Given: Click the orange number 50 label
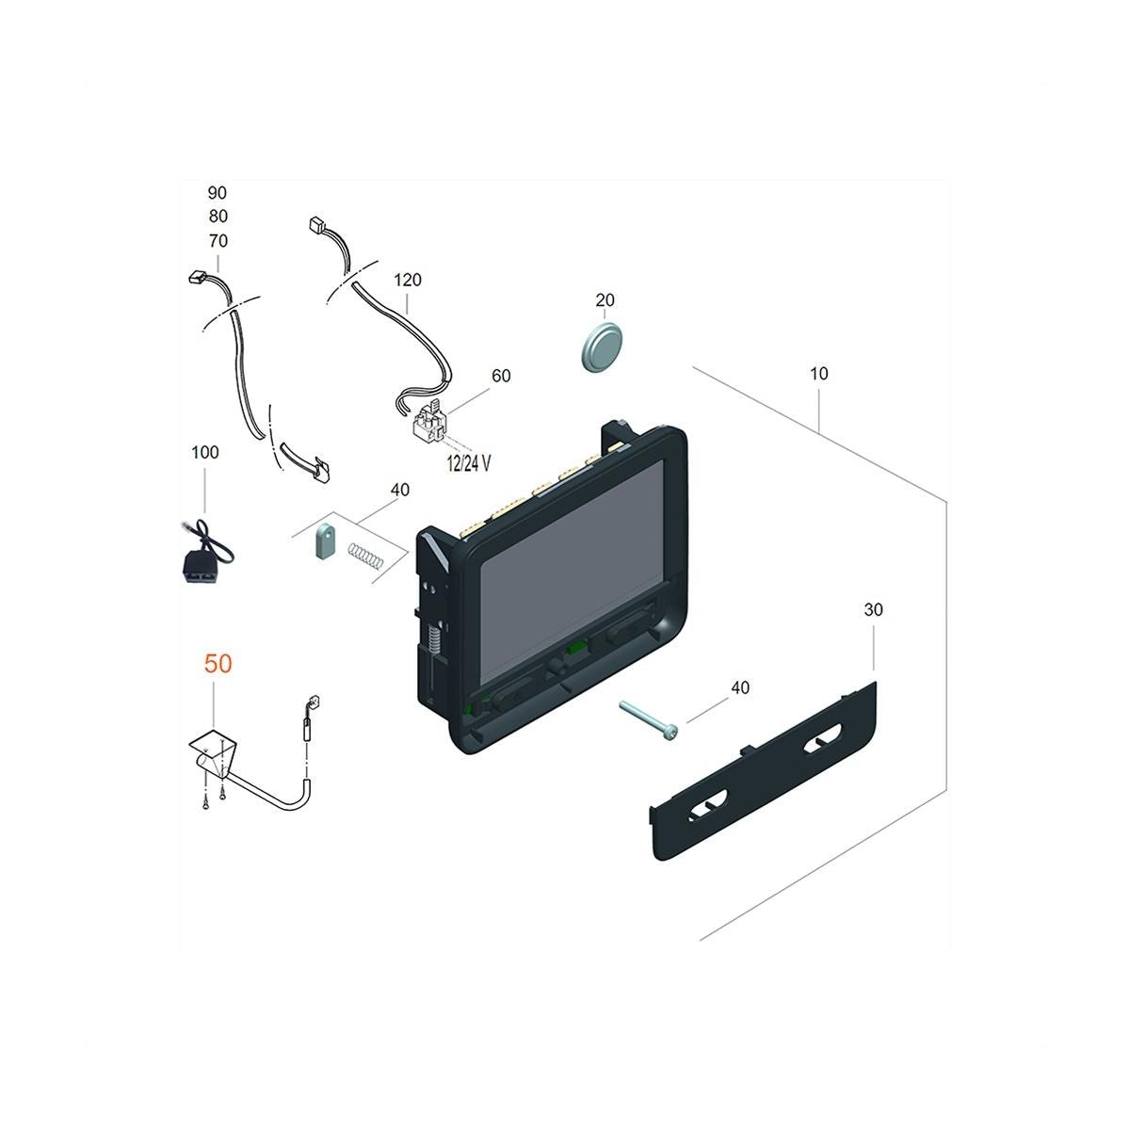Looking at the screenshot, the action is click(x=218, y=663).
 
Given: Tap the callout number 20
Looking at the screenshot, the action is click(x=605, y=300).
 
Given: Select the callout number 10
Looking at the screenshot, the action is click(x=818, y=374).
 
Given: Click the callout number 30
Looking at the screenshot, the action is click(x=873, y=610).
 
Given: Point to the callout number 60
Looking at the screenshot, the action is click(x=501, y=376).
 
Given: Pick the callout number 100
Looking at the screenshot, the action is click(x=204, y=452).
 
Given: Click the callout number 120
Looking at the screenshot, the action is click(x=408, y=280).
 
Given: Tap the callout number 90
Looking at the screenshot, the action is click(x=217, y=193).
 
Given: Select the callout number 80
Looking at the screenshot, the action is click(x=218, y=217).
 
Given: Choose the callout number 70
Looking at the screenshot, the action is click(x=218, y=241).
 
